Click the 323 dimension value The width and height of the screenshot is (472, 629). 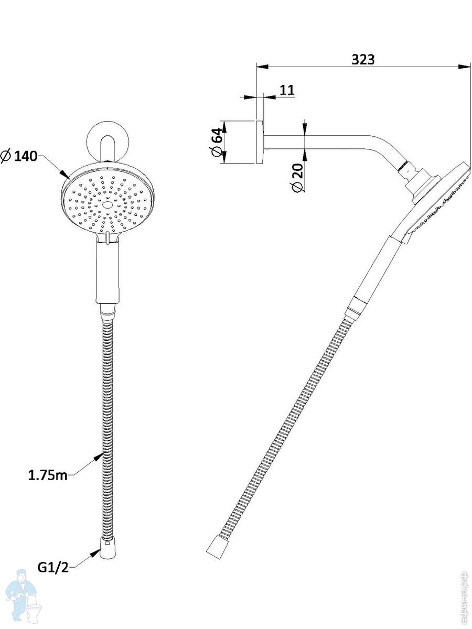click(x=363, y=59)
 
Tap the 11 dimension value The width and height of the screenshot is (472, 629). click(x=287, y=90)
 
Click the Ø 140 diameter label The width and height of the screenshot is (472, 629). click(x=19, y=156)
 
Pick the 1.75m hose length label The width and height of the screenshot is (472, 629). click(x=48, y=475)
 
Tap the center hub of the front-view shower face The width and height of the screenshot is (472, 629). click(x=108, y=205)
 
